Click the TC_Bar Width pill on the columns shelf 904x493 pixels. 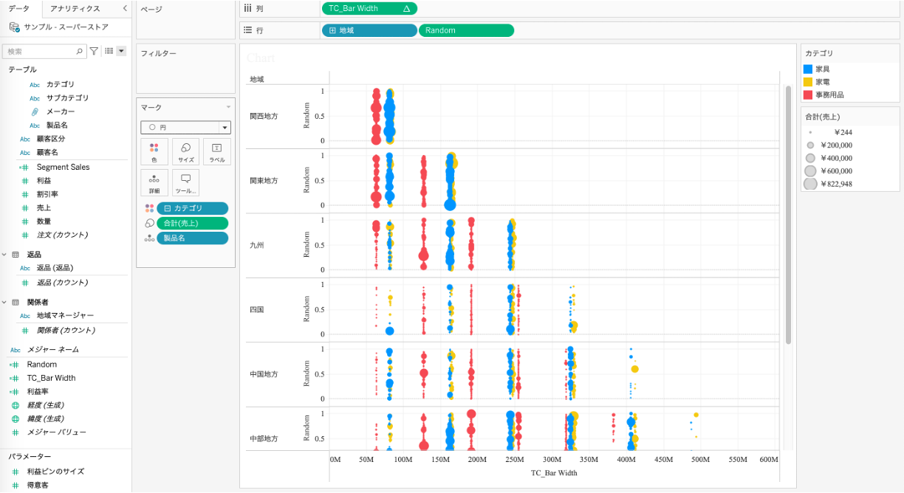coord(362,9)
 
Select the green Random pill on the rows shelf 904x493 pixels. coord(465,30)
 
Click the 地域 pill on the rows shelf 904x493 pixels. coord(369,30)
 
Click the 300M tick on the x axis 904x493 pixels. coord(552,459)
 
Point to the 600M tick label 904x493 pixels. coord(768,459)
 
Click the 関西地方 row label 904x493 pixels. coord(264,116)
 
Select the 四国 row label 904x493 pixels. coord(257,310)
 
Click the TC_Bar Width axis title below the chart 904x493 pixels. coord(554,473)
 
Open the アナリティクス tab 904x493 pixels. coord(75,8)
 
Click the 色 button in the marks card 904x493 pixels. coord(154,151)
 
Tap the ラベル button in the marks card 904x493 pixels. coord(216,151)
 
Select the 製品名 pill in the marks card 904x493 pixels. coord(191,238)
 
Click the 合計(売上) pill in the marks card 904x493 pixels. coord(191,223)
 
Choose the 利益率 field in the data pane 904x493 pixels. coord(38,391)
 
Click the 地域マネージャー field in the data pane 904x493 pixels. coord(65,315)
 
